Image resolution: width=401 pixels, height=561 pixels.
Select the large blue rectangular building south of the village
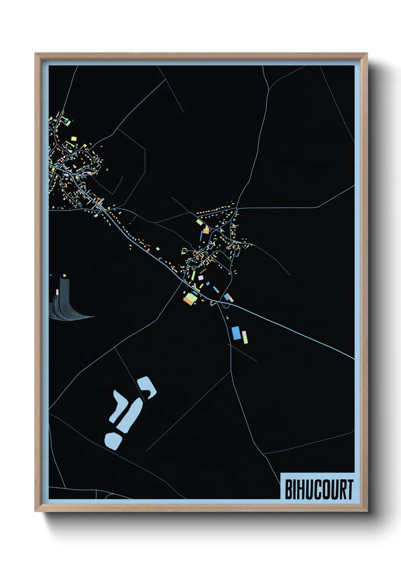(236, 333)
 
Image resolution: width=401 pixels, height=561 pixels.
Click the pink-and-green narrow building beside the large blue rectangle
(245, 337)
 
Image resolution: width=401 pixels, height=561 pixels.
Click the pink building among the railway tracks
(57, 292)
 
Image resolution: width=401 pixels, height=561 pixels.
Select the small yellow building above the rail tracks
(64, 275)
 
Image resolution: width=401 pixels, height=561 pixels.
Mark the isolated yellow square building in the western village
(74, 138)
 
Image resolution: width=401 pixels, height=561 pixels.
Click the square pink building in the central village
(200, 277)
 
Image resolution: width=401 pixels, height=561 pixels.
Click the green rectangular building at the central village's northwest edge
(199, 222)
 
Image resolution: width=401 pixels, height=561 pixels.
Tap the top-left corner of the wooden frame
(35, 53)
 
